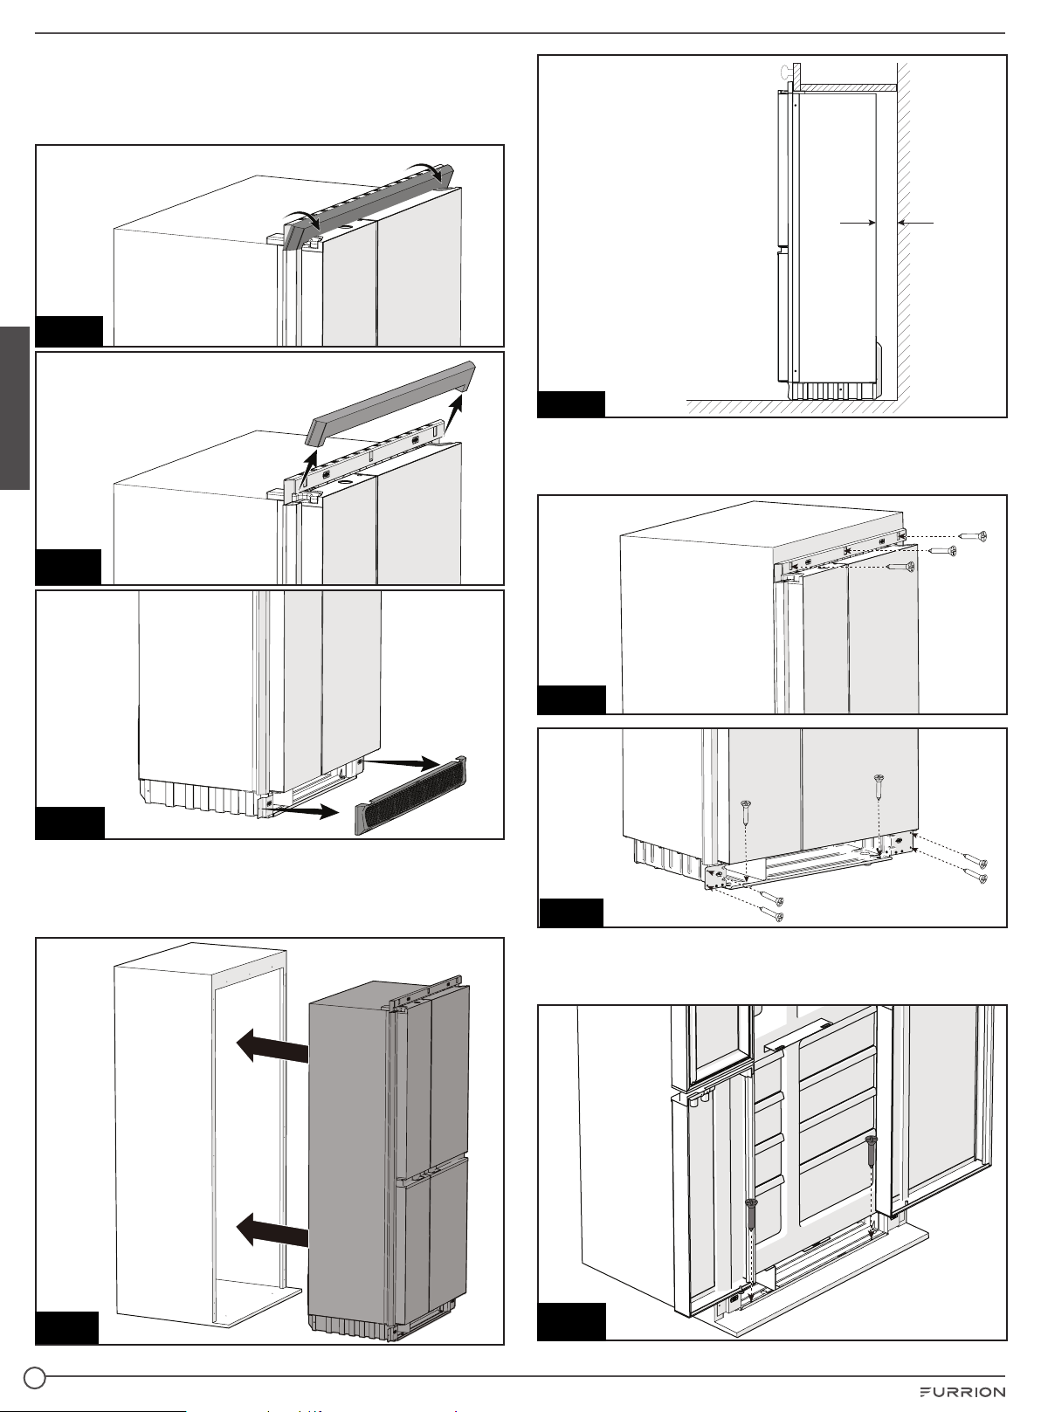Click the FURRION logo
click(x=962, y=1392)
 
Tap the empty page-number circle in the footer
click(x=35, y=1378)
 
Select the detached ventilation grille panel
click(x=411, y=795)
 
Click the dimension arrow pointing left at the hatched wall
click(x=915, y=223)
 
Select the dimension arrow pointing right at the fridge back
click(x=858, y=223)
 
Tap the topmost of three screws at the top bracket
click(x=973, y=536)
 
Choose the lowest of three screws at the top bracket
click(x=901, y=568)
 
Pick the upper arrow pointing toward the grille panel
click(x=402, y=762)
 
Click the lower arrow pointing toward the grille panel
click(x=303, y=811)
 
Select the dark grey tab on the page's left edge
click(x=15, y=408)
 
